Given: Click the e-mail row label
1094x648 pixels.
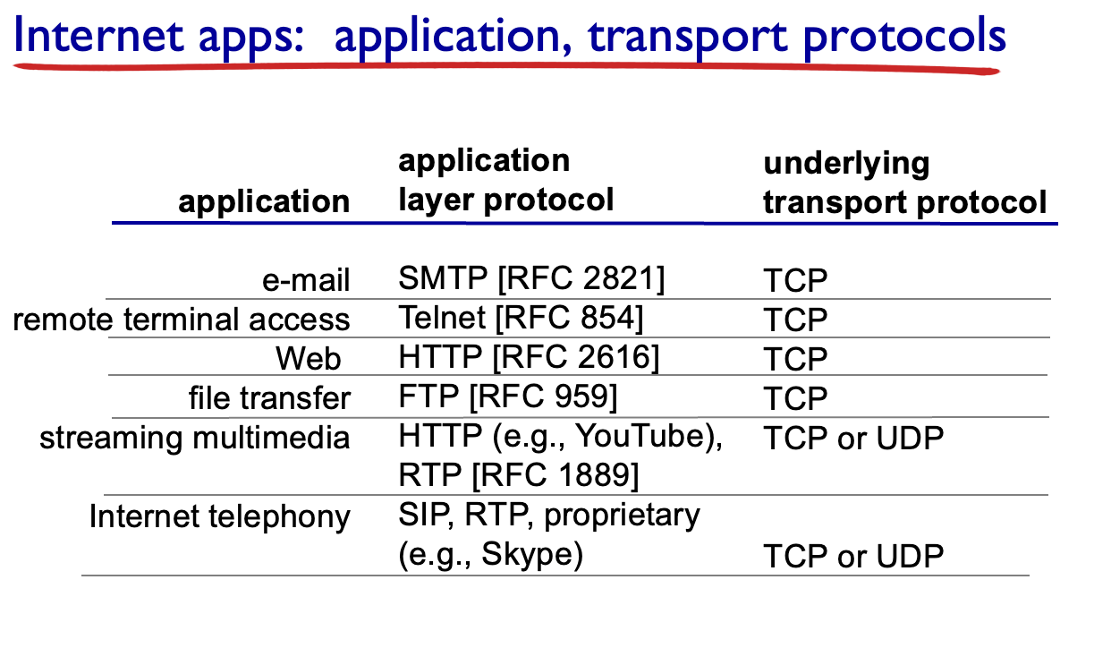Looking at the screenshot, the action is (x=306, y=279).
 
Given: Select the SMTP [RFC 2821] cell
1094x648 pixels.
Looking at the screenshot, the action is (x=531, y=279).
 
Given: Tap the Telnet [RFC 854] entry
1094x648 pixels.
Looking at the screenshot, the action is (x=521, y=318).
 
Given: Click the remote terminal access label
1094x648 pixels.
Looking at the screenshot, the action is (x=182, y=320).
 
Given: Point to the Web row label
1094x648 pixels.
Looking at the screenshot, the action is (x=309, y=358).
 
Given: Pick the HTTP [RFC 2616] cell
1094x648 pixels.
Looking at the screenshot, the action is (x=529, y=357).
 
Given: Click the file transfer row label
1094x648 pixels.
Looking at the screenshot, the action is (x=269, y=397).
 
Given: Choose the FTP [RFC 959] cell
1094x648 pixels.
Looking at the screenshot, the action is (x=508, y=396).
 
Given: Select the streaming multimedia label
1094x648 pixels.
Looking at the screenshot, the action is (x=194, y=437).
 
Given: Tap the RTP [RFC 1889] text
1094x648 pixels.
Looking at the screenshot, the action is (x=519, y=475).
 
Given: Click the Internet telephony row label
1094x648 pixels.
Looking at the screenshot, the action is (x=220, y=517).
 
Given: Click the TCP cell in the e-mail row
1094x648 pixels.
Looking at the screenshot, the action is (x=795, y=280).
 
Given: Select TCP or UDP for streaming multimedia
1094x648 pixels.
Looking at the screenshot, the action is (x=853, y=438).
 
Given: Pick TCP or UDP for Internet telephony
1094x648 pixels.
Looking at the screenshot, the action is (x=853, y=556).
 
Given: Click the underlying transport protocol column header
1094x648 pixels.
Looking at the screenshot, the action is (x=905, y=183).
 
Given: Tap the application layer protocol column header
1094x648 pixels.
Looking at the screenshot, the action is (x=506, y=181).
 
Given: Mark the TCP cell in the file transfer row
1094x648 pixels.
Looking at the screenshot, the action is (x=795, y=399).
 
